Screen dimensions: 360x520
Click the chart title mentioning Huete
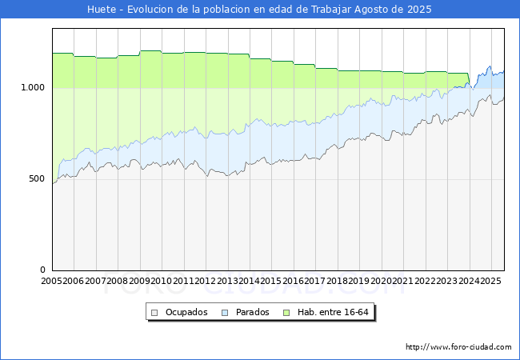coord(259,10)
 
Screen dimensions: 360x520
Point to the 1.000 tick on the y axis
coord(33,87)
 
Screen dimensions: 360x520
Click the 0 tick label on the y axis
coord(44,270)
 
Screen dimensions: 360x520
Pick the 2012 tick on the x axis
coord(206,281)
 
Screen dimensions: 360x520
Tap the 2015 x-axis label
coord(271,281)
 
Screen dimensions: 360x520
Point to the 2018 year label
coord(337,281)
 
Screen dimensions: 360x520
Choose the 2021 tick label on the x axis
coord(402,281)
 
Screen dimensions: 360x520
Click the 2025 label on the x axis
coord(490,281)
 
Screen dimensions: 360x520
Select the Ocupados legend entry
coord(186,312)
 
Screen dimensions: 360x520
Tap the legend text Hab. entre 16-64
coord(333,312)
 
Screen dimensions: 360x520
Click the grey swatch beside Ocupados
coord(155,312)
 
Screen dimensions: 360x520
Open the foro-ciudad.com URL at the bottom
coord(458,347)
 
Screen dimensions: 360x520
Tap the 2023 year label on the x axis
coord(446,281)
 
